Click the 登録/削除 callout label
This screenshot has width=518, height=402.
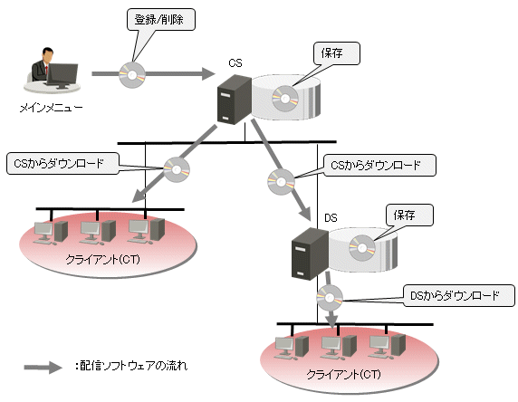(x=161, y=20)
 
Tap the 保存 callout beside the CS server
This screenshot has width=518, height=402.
(x=336, y=53)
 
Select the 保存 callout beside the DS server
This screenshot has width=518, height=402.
(x=409, y=215)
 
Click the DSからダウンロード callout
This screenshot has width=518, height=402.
(x=459, y=296)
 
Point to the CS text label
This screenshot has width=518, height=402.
(x=235, y=62)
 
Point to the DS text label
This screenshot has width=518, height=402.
(x=331, y=218)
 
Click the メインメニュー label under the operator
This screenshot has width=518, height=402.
(x=51, y=108)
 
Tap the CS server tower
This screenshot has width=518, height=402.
(x=235, y=100)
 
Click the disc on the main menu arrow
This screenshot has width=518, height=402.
(x=132, y=74)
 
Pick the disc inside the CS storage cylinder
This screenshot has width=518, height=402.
(x=284, y=98)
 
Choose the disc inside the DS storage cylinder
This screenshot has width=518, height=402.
(x=362, y=248)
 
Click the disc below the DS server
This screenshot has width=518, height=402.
(x=330, y=298)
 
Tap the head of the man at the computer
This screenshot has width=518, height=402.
(x=48, y=55)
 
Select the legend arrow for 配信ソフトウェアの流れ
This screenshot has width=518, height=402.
(x=43, y=367)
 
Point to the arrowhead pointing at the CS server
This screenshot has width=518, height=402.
(x=209, y=73)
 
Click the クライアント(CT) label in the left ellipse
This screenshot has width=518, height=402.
(x=102, y=260)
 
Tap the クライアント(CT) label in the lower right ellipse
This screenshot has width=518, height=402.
(x=343, y=375)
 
